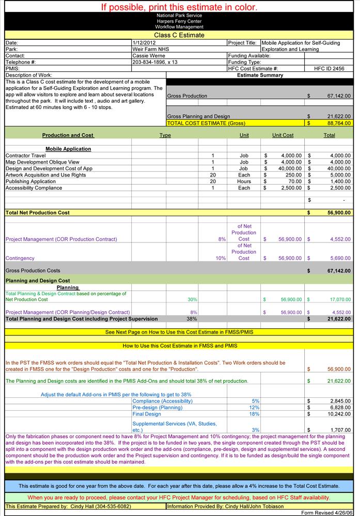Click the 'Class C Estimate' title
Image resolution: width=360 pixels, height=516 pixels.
[179, 35]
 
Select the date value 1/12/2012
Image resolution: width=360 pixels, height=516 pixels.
[143, 43]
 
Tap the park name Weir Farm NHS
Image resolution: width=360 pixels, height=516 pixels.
[150, 49]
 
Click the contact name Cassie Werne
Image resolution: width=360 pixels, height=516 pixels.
[148, 55]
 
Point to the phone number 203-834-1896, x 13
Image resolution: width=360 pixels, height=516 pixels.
[155, 62]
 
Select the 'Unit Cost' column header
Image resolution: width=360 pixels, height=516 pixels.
[283, 135]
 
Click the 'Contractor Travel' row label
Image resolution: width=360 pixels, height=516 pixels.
[25, 155]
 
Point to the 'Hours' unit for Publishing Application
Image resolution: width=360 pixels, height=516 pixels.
[244, 182]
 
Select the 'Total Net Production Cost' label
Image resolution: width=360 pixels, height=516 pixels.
[37, 213]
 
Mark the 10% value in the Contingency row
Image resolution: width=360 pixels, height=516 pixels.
[221, 258]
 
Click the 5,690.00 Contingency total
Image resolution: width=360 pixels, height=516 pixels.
[339, 258]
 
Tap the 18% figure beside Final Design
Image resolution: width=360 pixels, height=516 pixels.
[254, 414]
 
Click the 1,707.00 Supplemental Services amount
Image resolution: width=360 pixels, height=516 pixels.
[339, 429]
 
